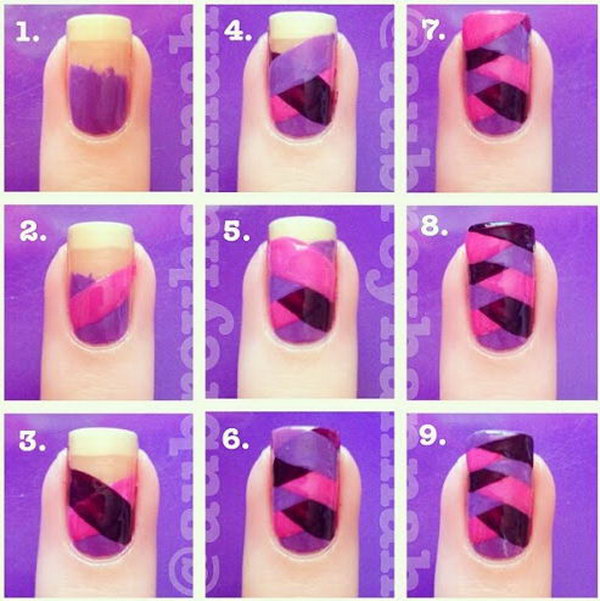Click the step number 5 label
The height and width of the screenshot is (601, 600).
click(x=232, y=233)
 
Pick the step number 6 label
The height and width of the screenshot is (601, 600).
click(x=232, y=437)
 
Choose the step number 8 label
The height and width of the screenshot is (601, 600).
click(x=433, y=233)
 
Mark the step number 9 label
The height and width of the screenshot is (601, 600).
click(x=433, y=437)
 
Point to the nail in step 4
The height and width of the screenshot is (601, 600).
click(x=300, y=85)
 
